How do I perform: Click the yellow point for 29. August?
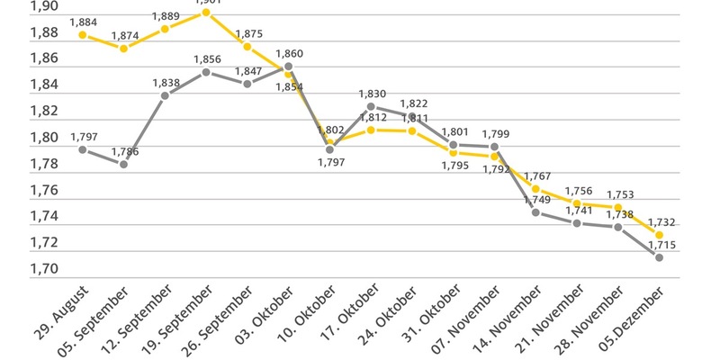point(82,35)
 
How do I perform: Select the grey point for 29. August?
point(82,149)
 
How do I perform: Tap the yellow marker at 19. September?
point(206,13)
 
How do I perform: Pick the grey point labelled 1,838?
point(165,95)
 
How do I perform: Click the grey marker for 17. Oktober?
point(371,106)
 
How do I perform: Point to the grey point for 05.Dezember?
point(660,257)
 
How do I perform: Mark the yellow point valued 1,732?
point(660,235)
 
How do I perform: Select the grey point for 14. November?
point(535,212)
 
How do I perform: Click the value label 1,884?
point(83,22)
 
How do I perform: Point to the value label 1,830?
point(372,94)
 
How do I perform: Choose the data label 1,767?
point(537,176)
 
